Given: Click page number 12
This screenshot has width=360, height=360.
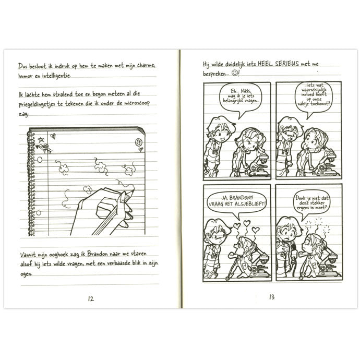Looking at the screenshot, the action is click(x=91, y=299).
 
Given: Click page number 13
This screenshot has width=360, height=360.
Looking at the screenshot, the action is click(x=272, y=297).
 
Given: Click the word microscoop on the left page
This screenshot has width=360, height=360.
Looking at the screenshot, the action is click(x=137, y=103).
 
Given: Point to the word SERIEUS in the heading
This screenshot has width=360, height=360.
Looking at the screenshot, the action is click(x=287, y=64).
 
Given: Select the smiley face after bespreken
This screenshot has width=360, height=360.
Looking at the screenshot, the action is click(x=235, y=73).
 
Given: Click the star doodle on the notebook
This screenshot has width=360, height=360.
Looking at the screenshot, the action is click(x=41, y=139).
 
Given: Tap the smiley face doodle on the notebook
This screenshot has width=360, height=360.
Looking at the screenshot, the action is click(x=138, y=142).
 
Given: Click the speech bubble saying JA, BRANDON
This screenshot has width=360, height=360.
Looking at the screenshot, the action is click(x=237, y=203).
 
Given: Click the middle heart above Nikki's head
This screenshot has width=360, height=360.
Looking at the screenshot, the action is click(x=247, y=223).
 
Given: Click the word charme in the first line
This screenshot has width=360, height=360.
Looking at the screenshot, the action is click(x=146, y=65).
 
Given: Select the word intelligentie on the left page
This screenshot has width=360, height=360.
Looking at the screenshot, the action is click(x=56, y=76).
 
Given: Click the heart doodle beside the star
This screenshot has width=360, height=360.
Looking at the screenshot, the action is click(x=53, y=136).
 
